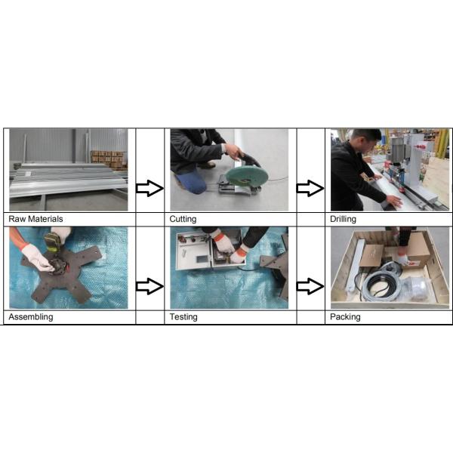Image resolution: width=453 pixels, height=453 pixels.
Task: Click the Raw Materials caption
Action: click(35, 219)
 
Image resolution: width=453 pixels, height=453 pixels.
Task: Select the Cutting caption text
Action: click(183, 219)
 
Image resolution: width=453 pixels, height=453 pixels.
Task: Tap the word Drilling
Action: click(343, 219)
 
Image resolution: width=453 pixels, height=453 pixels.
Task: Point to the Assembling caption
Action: click(31, 317)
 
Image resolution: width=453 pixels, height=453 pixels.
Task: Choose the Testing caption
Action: click(183, 317)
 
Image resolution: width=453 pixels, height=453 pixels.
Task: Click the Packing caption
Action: click(345, 317)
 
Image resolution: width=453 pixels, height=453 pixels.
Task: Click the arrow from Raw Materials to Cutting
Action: click(149, 188)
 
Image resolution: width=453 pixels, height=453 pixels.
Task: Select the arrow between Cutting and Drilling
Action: click(310, 188)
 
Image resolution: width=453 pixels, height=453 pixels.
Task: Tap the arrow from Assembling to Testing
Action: click(149, 286)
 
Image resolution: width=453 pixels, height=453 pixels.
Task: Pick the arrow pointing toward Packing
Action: click(310, 286)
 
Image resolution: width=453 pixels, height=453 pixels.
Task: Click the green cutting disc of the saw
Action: click(246, 176)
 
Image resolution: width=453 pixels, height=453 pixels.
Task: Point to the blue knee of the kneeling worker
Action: click(191, 182)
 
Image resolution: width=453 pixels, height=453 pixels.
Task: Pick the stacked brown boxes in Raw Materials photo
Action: click(109, 159)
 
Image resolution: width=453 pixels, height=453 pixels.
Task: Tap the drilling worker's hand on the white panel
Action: click(394, 201)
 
